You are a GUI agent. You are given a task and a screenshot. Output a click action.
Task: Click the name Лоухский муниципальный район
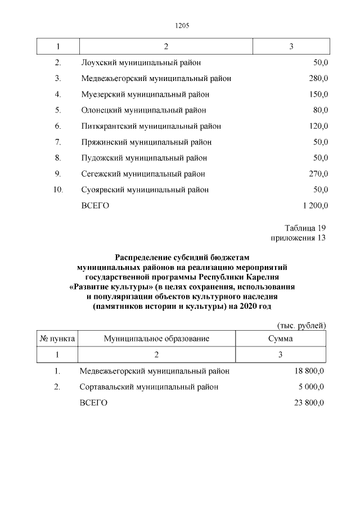(x=141, y=62)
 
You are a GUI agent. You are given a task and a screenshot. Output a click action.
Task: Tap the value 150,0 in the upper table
(x=319, y=94)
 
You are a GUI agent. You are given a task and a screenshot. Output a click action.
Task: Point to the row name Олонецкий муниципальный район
(x=143, y=110)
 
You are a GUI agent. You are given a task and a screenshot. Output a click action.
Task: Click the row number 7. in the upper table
(x=58, y=142)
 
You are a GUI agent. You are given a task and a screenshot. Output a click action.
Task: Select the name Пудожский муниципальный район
(x=144, y=158)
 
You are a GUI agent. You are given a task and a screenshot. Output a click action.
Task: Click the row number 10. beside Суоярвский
(x=58, y=190)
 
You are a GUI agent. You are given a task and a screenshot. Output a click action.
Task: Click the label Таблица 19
(x=305, y=228)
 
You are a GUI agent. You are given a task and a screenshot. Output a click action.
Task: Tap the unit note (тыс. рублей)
(x=301, y=326)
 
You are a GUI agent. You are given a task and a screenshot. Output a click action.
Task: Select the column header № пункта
(x=57, y=339)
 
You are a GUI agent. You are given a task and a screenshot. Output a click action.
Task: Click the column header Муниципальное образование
(x=156, y=339)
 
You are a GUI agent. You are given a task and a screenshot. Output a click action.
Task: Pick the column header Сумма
(x=280, y=339)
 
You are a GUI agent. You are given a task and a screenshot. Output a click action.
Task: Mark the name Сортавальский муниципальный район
(x=149, y=387)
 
